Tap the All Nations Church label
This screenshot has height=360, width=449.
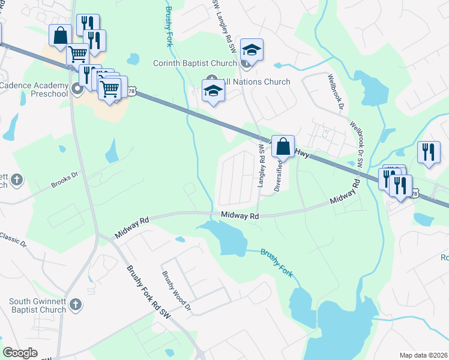click(256, 82)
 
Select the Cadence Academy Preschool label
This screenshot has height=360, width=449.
click(35, 90)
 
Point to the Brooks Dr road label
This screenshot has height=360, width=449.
click(65, 181)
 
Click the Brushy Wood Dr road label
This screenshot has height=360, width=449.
click(176, 291)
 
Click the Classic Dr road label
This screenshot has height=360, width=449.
click(13, 239)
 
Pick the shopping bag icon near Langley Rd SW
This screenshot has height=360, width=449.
click(283, 146)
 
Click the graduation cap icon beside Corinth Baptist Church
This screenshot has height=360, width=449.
click(252, 50)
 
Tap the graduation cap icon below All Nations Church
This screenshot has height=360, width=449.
click(212, 92)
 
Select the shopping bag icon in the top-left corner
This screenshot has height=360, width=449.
click(61, 36)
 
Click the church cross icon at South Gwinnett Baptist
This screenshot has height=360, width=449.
click(75, 305)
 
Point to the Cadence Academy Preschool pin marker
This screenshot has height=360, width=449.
click(77, 90)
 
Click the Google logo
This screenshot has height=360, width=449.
click(20, 352)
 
